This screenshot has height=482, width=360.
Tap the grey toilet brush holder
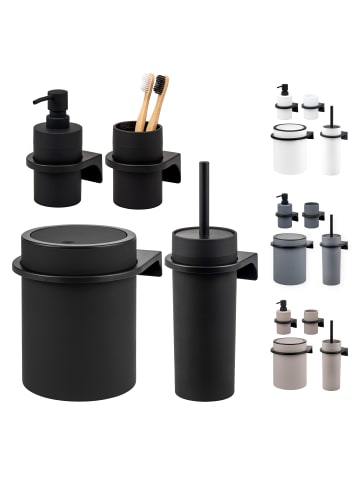coord(332,260)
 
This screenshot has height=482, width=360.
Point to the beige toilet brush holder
coord(332,368)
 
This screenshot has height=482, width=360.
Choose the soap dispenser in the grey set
coord(284,211)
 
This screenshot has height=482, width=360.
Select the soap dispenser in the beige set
coord(284,318)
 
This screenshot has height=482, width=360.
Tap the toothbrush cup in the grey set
coord(311,215)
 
